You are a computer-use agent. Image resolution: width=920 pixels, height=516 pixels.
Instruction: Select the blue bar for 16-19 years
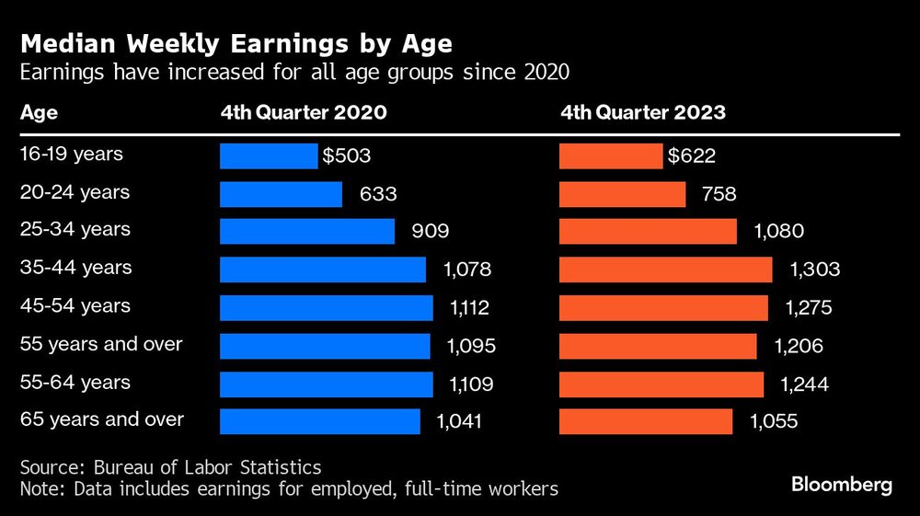click(269, 155)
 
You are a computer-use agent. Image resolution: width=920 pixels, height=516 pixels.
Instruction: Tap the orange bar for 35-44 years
click(666, 269)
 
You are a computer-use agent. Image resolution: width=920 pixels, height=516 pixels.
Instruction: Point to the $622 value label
click(693, 155)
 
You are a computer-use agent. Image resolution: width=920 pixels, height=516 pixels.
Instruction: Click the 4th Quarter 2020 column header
click(303, 113)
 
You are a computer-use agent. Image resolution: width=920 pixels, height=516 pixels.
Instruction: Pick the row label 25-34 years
click(75, 229)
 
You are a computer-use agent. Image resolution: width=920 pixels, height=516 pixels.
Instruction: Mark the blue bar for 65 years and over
click(320, 421)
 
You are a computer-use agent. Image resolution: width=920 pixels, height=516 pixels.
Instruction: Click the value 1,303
click(814, 269)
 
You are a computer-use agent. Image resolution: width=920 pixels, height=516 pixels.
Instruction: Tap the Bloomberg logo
click(842, 485)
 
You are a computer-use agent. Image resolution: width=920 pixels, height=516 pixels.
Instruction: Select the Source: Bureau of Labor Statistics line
click(171, 468)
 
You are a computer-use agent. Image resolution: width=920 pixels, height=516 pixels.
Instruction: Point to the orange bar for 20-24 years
click(623, 194)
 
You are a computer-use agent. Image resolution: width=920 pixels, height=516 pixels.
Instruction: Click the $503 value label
click(347, 155)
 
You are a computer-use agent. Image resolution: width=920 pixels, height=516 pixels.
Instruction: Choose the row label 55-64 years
click(75, 382)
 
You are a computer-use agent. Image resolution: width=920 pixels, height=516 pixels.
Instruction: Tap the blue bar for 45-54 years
click(327, 307)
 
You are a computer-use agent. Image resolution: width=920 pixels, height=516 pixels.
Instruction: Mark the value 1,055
click(774, 421)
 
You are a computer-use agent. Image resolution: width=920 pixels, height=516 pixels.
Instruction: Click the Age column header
click(39, 113)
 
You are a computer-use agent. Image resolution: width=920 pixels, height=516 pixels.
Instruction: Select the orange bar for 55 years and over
click(658, 346)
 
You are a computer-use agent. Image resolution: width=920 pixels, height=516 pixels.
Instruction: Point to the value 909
click(431, 232)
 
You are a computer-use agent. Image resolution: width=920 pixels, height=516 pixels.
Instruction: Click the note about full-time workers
click(289, 488)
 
